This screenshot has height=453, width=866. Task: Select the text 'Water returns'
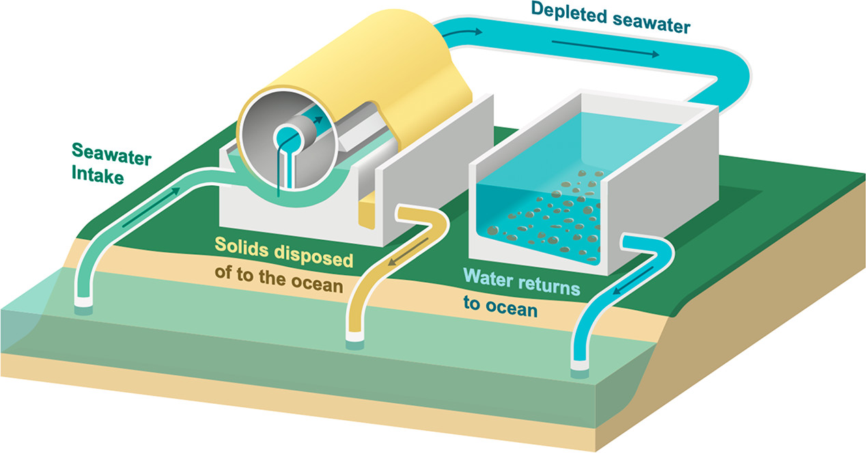coord(522,280)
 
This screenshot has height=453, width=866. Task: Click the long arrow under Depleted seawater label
coord(604,49)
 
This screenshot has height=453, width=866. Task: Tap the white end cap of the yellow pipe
coord(356,338)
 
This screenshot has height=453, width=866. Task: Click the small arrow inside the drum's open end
coord(316,122)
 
